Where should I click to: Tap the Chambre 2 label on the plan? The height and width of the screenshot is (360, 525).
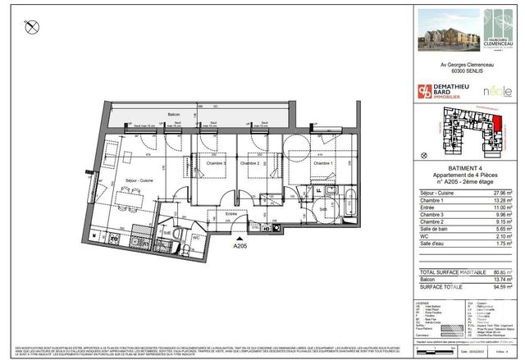(x=250, y=164)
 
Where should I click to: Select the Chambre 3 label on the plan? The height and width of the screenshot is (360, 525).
(x=216, y=164)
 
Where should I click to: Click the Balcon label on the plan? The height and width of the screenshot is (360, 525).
(x=173, y=115)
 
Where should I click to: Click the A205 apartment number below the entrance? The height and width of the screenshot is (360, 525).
(x=240, y=245)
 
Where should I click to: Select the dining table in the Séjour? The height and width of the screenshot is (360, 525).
(x=126, y=198)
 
